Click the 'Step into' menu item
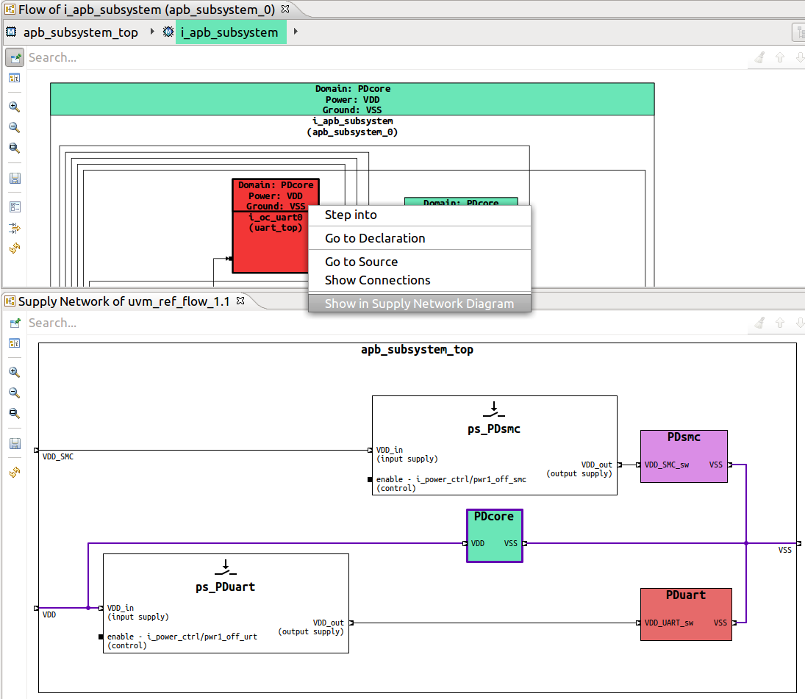click(351, 215)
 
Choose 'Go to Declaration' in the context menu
click(375, 238)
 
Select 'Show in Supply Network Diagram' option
click(419, 304)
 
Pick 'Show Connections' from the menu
click(377, 280)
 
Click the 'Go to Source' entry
click(361, 262)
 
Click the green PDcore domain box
click(494, 536)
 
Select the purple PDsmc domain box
click(684, 456)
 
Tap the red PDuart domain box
click(685, 614)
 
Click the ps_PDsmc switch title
click(494, 429)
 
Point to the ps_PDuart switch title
click(225, 587)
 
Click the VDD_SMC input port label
click(58, 456)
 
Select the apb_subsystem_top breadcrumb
click(80, 32)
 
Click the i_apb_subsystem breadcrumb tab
click(229, 32)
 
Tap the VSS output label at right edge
click(785, 550)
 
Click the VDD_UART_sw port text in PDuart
click(669, 623)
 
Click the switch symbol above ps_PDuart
click(225, 567)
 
